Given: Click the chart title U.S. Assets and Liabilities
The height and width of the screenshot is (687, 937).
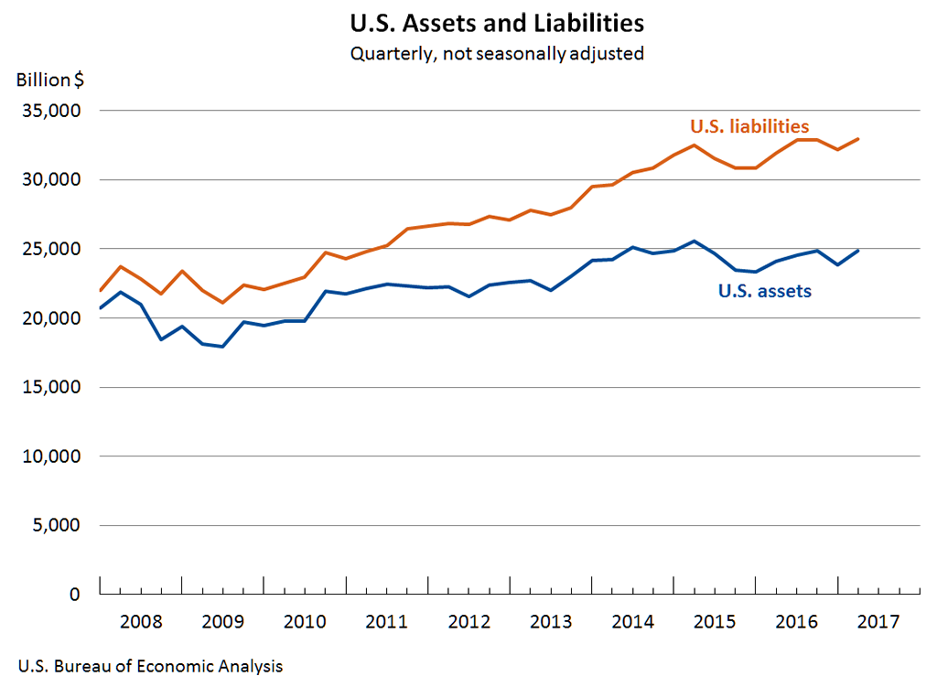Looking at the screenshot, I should [x=497, y=21].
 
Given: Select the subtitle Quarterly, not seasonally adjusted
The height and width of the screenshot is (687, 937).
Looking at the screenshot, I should [x=497, y=53].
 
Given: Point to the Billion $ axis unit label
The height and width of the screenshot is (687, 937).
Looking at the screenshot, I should [x=50, y=80].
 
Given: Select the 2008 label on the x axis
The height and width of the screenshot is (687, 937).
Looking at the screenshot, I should [x=141, y=622].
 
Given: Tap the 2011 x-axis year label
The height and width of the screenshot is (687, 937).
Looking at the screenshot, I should [x=387, y=622].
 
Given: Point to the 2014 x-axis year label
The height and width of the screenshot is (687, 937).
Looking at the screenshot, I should [x=633, y=622].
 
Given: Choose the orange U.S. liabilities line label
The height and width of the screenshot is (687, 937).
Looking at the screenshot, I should [x=749, y=126].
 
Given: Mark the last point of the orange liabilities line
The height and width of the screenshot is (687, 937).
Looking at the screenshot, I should [x=858, y=139].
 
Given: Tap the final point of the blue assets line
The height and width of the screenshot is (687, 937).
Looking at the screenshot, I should [x=858, y=250].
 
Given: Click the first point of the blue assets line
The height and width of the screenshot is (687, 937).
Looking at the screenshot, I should [x=100, y=307].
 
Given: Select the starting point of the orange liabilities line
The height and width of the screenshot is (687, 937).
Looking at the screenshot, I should [x=100, y=291].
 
